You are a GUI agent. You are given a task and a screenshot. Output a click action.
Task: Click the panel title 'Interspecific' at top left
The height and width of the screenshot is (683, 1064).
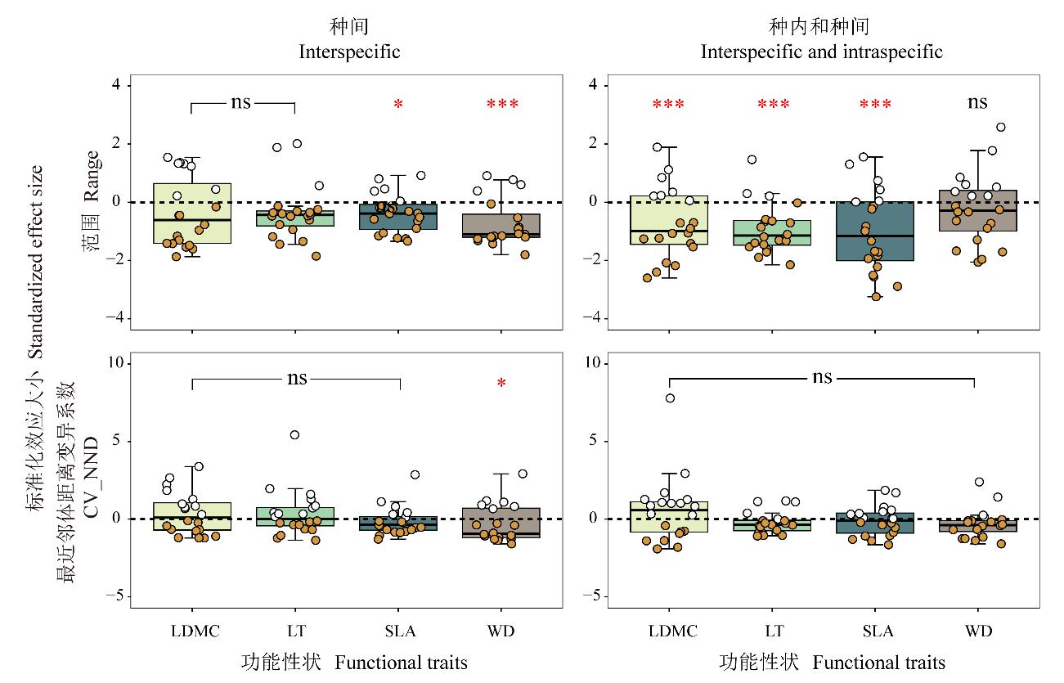point(349,52)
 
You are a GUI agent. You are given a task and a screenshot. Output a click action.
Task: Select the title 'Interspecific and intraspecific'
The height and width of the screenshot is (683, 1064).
point(821,52)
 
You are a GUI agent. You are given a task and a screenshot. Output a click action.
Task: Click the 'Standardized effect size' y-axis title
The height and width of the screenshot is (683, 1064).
point(37,262)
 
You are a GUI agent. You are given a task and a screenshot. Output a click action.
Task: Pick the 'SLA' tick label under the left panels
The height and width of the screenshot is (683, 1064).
point(399,631)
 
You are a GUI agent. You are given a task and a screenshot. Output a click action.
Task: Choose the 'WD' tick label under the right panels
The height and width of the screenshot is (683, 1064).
point(978,631)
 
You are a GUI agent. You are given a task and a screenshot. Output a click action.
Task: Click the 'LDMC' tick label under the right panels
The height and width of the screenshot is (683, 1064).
point(672,631)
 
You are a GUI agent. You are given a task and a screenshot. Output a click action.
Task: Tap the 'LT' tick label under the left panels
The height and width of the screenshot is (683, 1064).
point(294,631)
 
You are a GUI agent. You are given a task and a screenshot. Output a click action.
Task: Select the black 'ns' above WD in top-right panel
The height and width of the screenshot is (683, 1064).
point(977,102)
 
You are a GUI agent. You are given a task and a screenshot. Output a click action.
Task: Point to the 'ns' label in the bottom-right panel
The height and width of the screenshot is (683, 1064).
point(822,377)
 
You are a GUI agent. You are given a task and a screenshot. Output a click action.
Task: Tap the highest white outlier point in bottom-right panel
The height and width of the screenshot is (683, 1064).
point(670,398)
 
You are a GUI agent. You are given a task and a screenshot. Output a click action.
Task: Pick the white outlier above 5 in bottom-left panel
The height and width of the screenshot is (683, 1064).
point(294,435)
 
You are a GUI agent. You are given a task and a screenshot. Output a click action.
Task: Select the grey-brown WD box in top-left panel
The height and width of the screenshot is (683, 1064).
point(501,225)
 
